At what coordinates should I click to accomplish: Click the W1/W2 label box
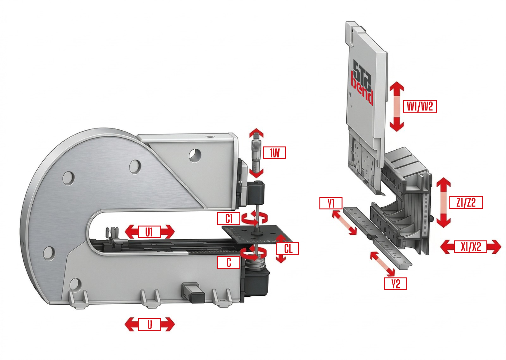pos(420,106)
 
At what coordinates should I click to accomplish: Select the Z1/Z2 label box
pos(466,202)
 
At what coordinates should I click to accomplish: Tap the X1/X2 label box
pos(471,247)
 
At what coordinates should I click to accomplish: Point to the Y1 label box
pos(331,203)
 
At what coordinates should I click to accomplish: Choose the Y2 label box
pos(395,284)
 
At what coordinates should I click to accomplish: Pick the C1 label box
pos(229,219)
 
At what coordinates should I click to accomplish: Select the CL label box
pos(287,249)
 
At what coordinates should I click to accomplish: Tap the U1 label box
pos(149,232)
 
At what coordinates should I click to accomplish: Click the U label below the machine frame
pos(150,325)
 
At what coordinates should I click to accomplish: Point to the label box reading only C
pos(229,263)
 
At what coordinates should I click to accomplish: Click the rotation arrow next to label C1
pos(254,218)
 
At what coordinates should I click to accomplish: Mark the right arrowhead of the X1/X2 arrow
pos(495,247)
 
